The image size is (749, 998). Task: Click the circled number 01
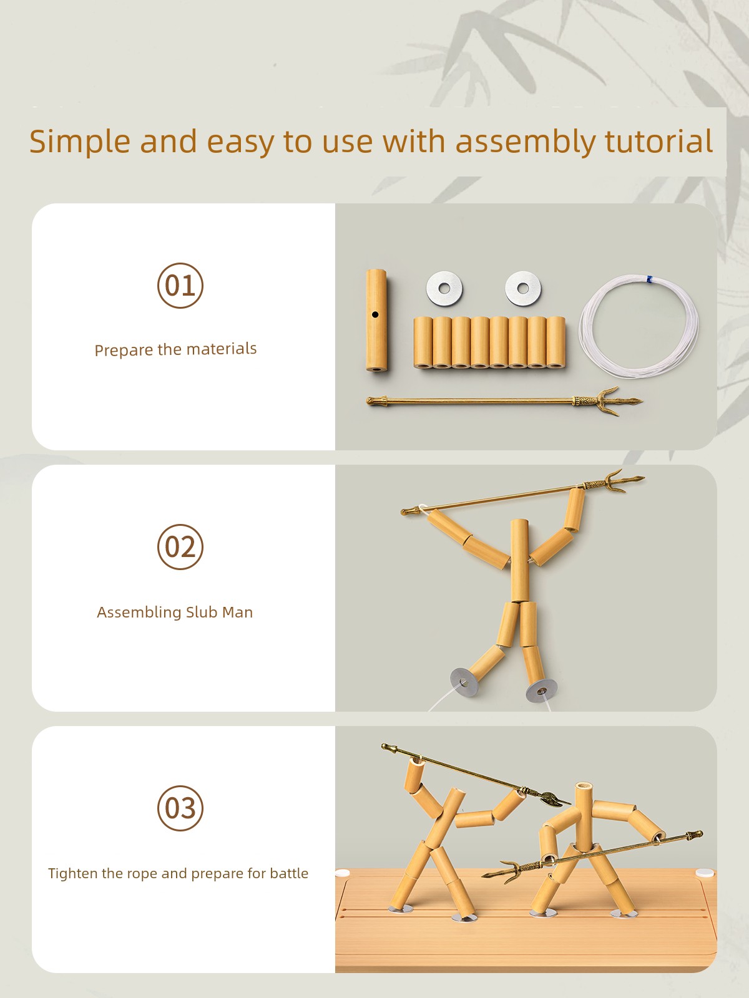(x=180, y=286)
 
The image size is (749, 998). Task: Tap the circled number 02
(x=180, y=546)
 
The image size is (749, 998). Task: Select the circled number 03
(x=180, y=808)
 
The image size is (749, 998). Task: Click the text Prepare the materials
(x=175, y=349)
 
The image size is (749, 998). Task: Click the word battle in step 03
(x=289, y=873)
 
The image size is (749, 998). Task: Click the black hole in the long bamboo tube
(x=375, y=314)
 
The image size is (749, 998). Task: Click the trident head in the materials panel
(x=608, y=400)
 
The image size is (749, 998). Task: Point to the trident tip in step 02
(x=643, y=478)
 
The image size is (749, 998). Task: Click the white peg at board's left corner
(x=343, y=873)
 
